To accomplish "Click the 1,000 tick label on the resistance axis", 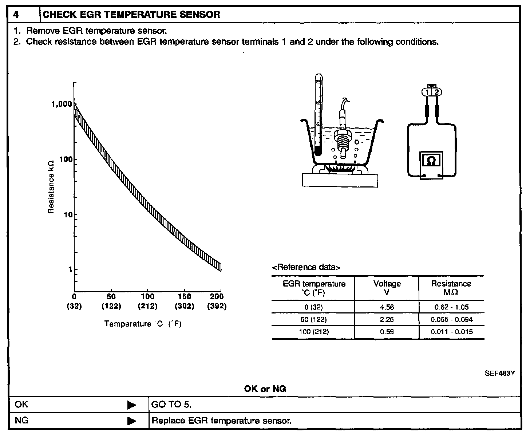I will pyautogui.click(x=62, y=104).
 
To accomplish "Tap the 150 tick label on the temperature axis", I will pyautogui.click(x=185, y=296).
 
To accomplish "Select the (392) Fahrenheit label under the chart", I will pyautogui.click(x=217, y=306).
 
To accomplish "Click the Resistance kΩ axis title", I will pyautogui.click(x=51, y=186).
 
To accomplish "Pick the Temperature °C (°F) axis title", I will pyautogui.click(x=143, y=324).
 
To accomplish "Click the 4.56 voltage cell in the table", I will pyautogui.click(x=387, y=307).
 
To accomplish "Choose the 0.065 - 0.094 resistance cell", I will pyautogui.click(x=451, y=319).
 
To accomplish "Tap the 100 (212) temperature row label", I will pyautogui.click(x=313, y=332).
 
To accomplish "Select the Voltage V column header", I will pyautogui.click(x=387, y=288).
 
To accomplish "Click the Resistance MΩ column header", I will pyautogui.click(x=451, y=288).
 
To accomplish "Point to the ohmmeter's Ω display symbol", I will pyautogui.click(x=431, y=161).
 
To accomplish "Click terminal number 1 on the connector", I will pyautogui.click(x=427, y=92).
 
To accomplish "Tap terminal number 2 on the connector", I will pyautogui.click(x=437, y=92).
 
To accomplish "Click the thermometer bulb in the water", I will pyautogui.click(x=318, y=151).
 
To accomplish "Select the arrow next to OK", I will pyautogui.click(x=131, y=405).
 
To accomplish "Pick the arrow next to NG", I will pyautogui.click(x=131, y=421).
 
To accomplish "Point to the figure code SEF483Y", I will pyautogui.click(x=499, y=374).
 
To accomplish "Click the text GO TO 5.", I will pyautogui.click(x=171, y=405).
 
